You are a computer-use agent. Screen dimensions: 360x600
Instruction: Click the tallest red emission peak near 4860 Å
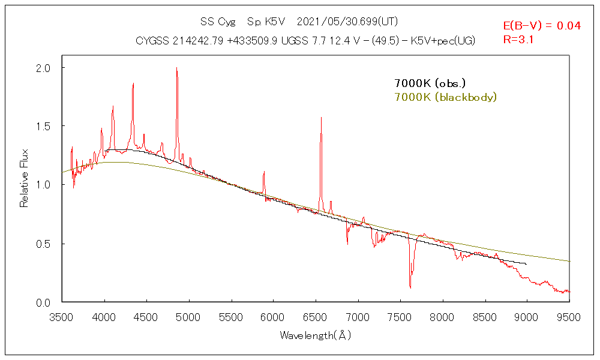pos(176,68)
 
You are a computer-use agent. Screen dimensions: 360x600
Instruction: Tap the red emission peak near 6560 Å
pos(321,118)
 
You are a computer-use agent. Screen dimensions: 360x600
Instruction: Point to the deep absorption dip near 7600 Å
pos(410,287)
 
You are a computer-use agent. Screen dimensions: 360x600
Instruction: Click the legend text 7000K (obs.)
pos(430,83)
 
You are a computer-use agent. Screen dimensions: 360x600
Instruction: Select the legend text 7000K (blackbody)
pos(445,97)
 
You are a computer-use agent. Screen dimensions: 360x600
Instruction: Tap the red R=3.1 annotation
pos(518,40)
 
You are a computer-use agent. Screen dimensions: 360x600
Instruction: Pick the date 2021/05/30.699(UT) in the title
pos(347,22)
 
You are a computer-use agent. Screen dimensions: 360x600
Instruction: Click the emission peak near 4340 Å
pos(133,84)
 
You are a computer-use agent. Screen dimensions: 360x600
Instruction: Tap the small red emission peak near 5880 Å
pos(264,172)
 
